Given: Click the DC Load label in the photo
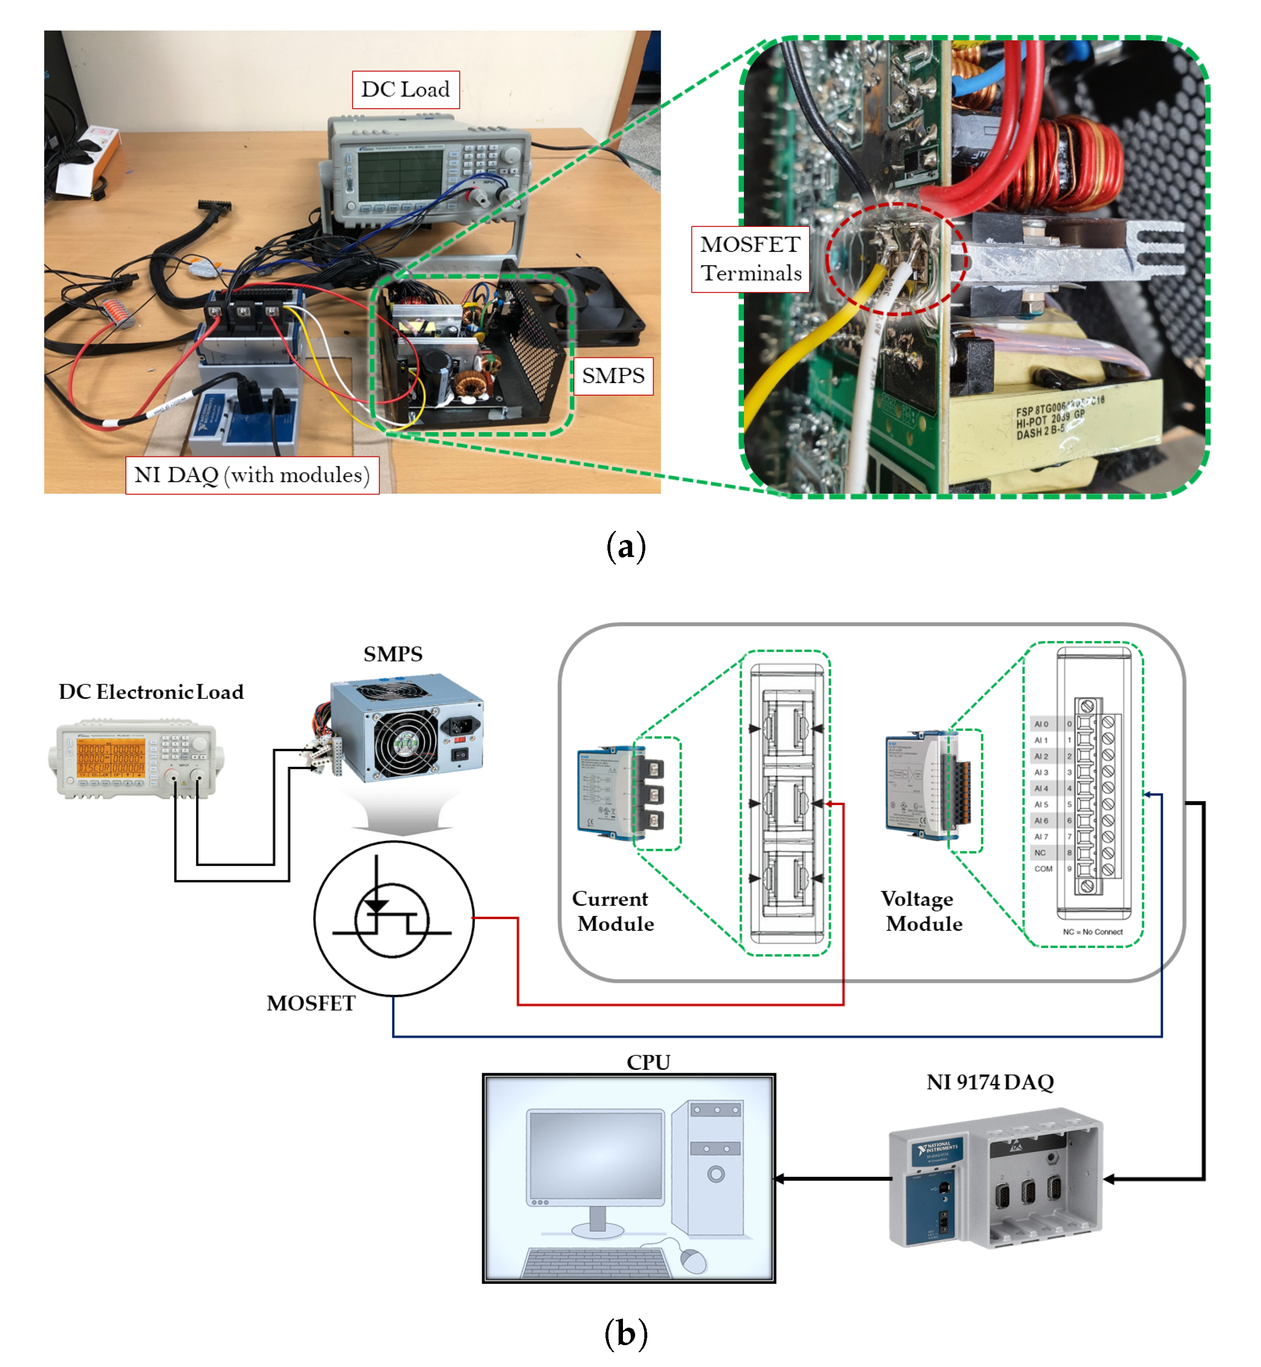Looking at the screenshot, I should (x=405, y=89).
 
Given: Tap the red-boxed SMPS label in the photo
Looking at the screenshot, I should (x=612, y=375).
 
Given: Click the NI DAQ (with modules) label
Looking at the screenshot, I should (x=252, y=475).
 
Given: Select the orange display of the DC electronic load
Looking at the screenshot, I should (x=111, y=758).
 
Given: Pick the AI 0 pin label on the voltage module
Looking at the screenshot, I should (x=1041, y=724).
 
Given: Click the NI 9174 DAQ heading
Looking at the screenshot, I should (x=990, y=1082).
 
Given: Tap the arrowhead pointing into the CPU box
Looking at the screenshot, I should (x=779, y=1179).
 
